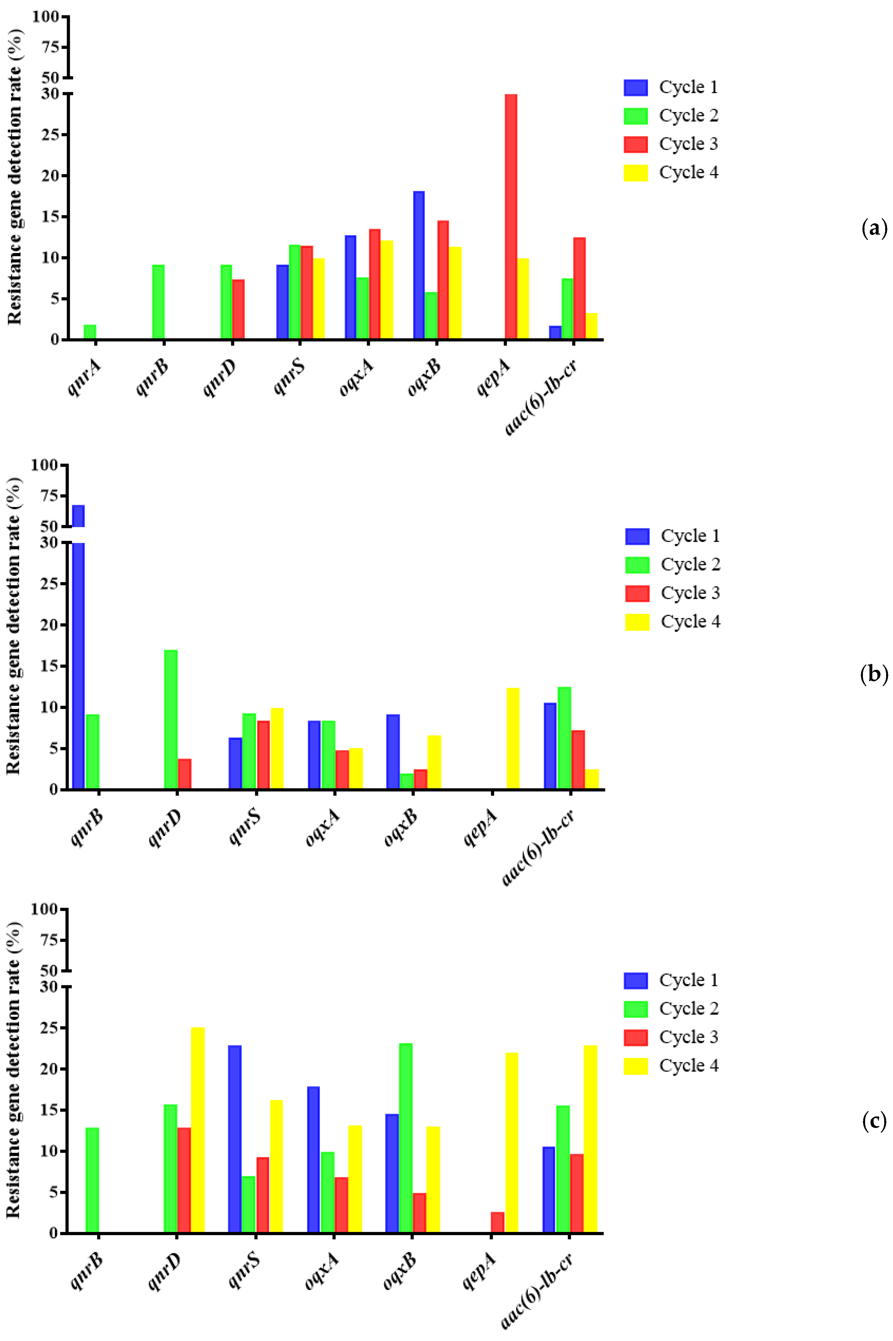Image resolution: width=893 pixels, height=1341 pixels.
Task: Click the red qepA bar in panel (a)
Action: click(x=511, y=216)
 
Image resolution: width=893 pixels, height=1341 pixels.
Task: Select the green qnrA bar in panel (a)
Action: click(x=90, y=332)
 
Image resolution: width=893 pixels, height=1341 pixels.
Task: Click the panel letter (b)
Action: click(x=874, y=675)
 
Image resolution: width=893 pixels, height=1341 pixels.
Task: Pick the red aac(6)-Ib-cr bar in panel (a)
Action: click(x=579, y=288)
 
